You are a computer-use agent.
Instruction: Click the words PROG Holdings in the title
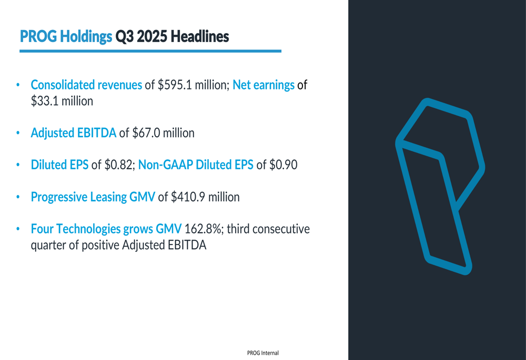pyautogui.click(x=66, y=37)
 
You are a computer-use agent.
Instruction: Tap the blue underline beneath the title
pyautogui.click(x=150, y=51)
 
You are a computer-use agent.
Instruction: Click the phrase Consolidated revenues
pyautogui.click(x=86, y=85)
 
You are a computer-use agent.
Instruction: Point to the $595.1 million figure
pyautogui.click(x=193, y=85)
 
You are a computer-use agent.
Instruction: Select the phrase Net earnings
pyautogui.click(x=263, y=85)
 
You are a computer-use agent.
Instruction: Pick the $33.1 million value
pyautogui.click(x=62, y=101)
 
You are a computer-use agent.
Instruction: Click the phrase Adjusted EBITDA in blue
pyautogui.click(x=74, y=133)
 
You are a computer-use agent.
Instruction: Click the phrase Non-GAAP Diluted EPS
pyautogui.click(x=196, y=165)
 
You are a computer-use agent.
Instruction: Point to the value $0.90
pyautogui.click(x=284, y=165)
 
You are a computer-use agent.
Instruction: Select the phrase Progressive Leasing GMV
pyautogui.click(x=93, y=197)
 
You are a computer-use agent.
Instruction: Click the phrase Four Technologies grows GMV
pyautogui.click(x=106, y=229)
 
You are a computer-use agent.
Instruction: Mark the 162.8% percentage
pyautogui.click(x=204, y=229)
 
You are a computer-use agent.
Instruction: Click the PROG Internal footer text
pyautogui.click(x=262, y=353)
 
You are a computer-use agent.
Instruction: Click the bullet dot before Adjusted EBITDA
pyautogui.click(x=17, y=133)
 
